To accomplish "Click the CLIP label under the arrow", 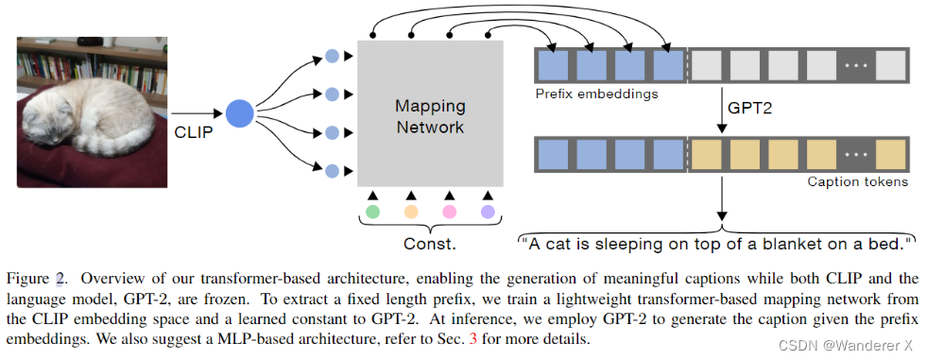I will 194,132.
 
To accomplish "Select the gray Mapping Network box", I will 430,113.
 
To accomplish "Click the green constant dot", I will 372,210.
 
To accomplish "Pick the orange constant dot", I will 411,210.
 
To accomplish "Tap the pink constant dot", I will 450,210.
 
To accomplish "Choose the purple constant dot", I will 488,210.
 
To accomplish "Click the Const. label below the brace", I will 430,244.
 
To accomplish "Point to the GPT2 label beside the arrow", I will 747,108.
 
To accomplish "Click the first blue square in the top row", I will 554,65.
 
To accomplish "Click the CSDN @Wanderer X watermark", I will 850,344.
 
